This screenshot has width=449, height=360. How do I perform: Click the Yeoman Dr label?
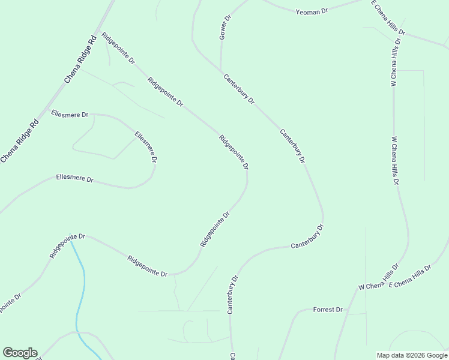(x=312, y=11)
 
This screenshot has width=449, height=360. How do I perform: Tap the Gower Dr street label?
(x=225, y=28)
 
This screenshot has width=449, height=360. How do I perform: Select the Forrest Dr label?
(x=328, y=310)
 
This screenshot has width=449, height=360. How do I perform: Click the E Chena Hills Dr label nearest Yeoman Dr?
(x=388, y=18)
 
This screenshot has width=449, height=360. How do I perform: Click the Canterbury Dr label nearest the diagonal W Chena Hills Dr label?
(x=307, y=237)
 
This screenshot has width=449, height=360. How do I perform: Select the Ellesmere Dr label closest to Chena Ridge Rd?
(x=70, y=113)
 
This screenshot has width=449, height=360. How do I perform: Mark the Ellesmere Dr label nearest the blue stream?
(x=74, y=178)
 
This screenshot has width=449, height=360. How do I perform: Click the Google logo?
(x=20, y=353)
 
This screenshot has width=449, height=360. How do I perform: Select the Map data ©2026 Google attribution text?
(x=412, y=355)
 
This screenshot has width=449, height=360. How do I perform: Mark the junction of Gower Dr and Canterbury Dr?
(x=221, y=70)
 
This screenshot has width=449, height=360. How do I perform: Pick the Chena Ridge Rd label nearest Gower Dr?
(x=81, y=61)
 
